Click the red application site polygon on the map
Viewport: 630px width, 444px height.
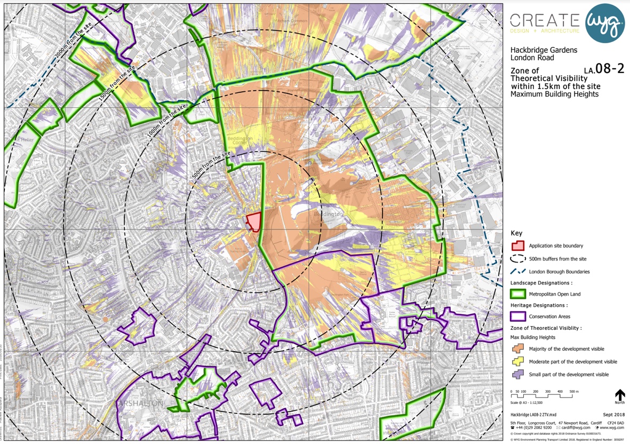click(x=254, y=221)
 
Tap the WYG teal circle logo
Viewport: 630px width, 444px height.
click(x=605, y=23)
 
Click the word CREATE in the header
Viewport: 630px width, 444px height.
click(x=544, y=20)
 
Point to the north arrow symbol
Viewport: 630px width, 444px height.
click(x=619, y=395)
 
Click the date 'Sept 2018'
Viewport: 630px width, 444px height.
click(x=613, y=415)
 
